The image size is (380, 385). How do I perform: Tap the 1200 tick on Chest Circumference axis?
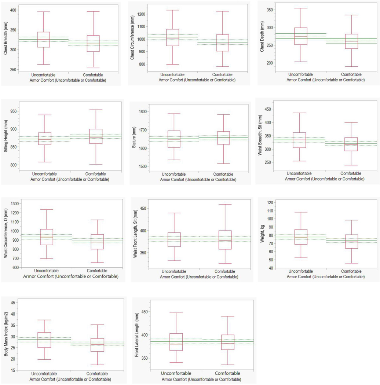[141, 14]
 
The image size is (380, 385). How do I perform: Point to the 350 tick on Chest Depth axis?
[267, 10]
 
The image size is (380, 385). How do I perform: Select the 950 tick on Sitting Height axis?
[14, 111]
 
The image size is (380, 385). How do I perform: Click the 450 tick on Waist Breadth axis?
[267, 109]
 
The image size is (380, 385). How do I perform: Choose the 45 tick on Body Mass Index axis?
[14, 303]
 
